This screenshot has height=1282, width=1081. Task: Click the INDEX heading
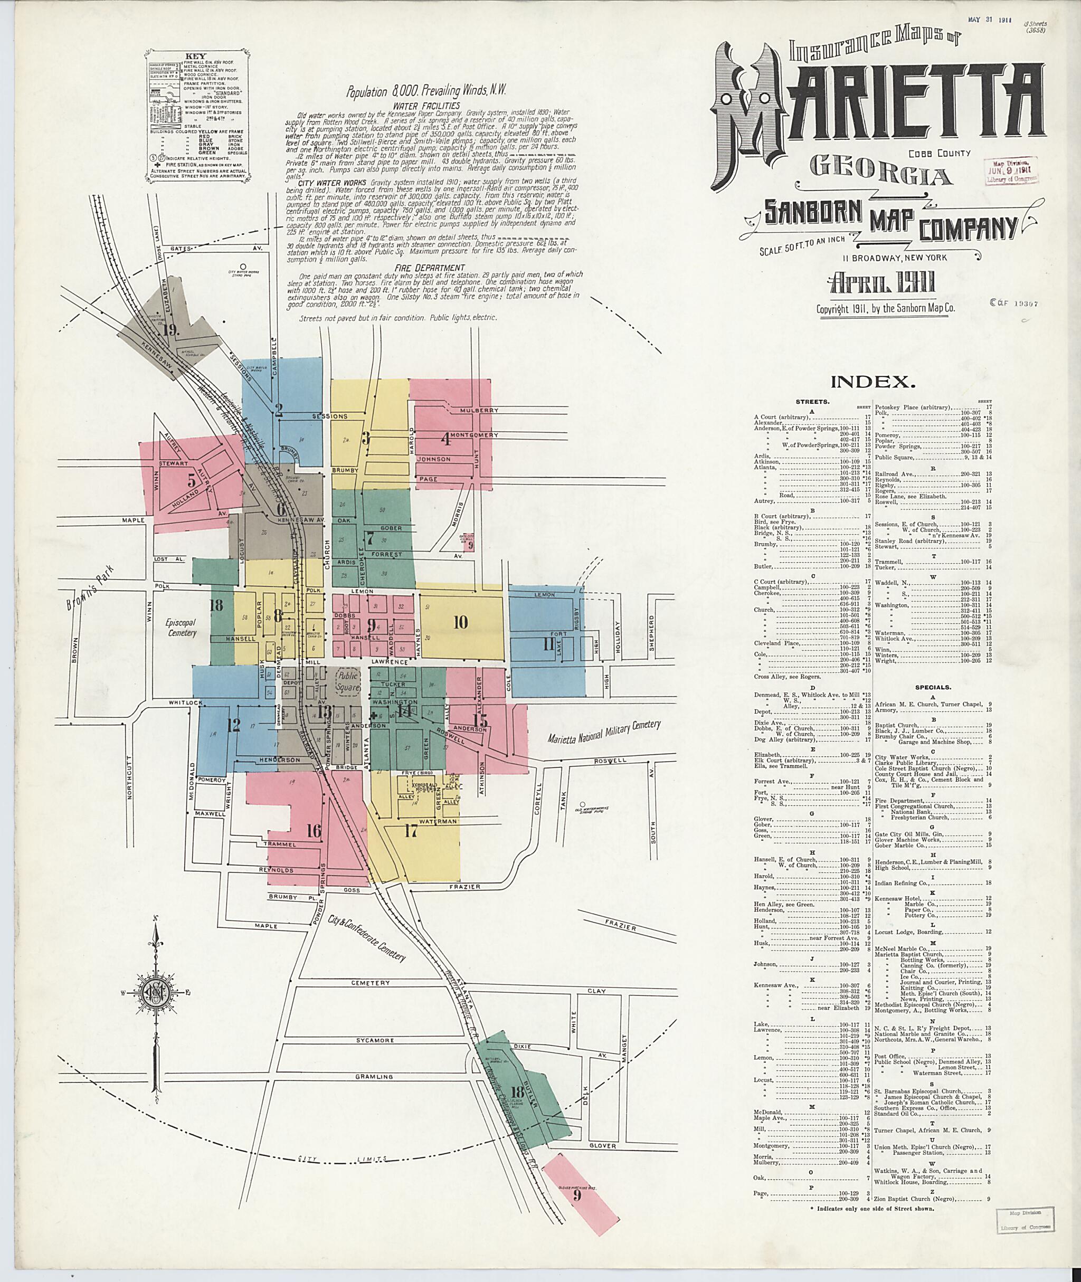click(x=873, y=382)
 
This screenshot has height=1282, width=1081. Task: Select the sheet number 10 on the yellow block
click(x=460, y=622)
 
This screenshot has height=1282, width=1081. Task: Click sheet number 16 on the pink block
click(x=313, y=831)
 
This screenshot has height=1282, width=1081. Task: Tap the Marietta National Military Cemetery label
click(x=604, y=733)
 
